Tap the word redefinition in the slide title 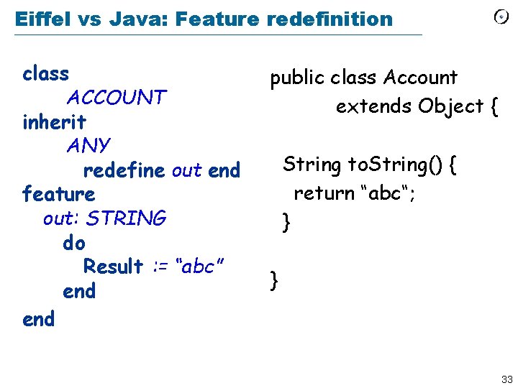click(329, 19)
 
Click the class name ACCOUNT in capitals click(117, 97)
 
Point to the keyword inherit click(54, 121)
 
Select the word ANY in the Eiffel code click(88, 145)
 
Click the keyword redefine click(124, 171)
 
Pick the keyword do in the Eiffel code click(73, 243)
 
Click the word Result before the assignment click(113, 267)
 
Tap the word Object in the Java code click(451, 106)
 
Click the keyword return click(326, 193)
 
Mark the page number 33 click(506, 379)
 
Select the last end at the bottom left click(38, 319)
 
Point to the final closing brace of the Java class click(273, 280)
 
